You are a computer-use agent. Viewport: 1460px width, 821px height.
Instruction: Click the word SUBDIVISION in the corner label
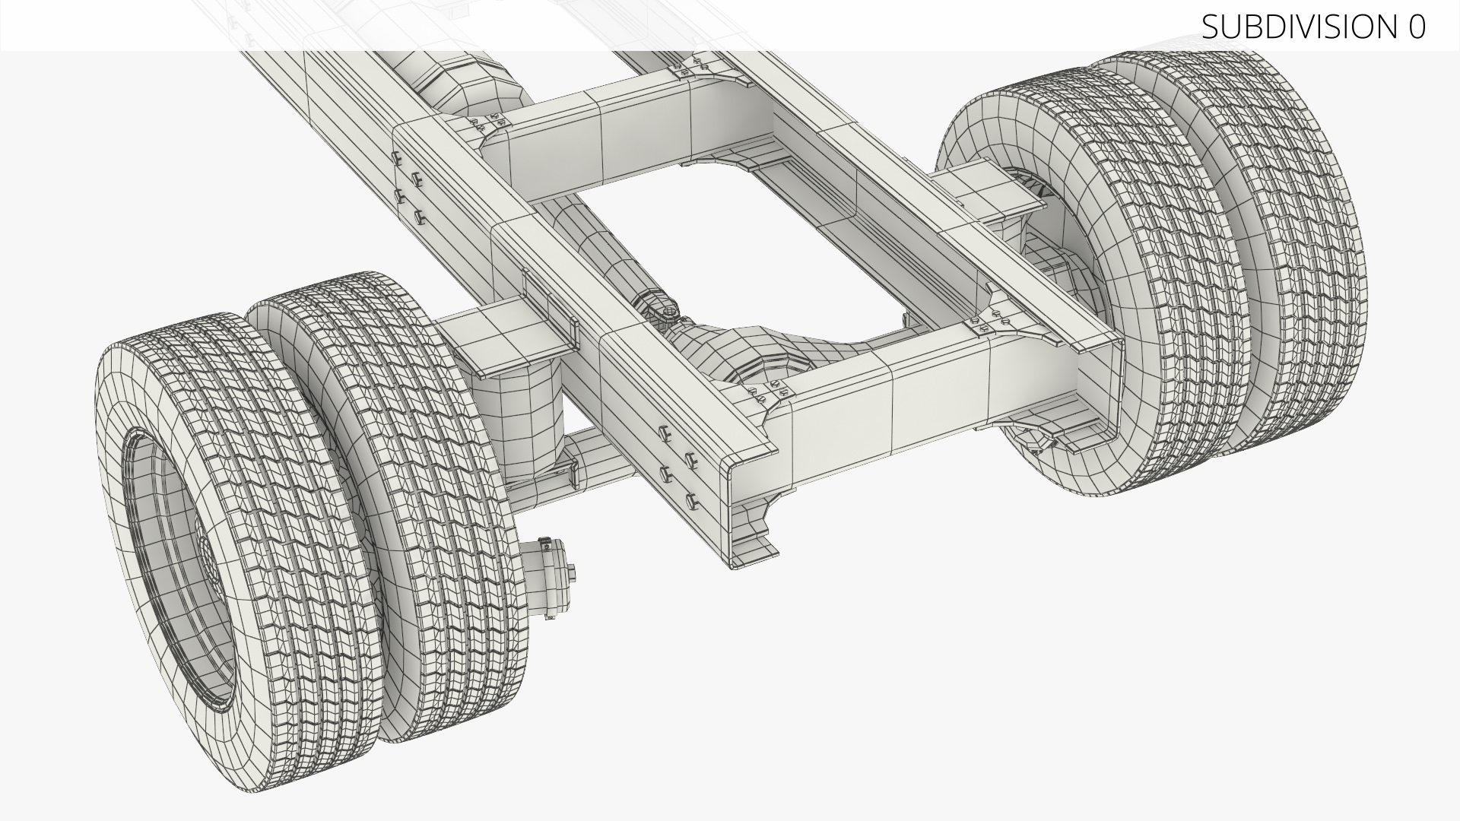pos(1295,27)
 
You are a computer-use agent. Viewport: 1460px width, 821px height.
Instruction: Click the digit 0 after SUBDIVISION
pos(1416,27)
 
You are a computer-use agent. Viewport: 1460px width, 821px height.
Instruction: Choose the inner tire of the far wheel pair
pos(1125,289)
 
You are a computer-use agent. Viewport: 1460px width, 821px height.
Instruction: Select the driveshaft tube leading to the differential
pos(601,251)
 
